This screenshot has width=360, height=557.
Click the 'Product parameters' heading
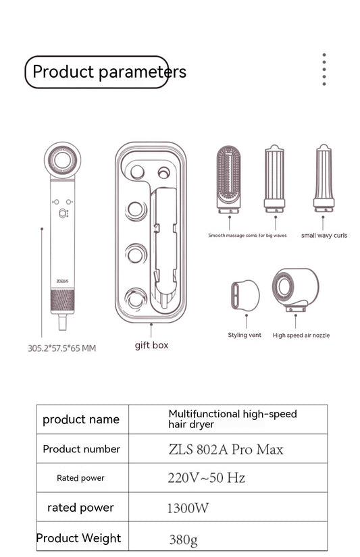pos(108,72)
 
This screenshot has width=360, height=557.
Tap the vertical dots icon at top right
pos(324,70)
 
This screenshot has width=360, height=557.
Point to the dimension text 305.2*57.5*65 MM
pos(61,348)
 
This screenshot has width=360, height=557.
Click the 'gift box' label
pos(151,345)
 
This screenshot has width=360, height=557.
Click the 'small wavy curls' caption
pos(324,236)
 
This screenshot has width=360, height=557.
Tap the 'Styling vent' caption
pos(245,335)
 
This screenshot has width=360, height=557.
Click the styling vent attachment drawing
pos(245,295)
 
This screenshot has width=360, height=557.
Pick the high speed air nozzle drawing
pos(295,289)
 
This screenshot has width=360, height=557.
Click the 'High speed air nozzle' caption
pos(301,335)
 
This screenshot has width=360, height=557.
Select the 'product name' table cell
pos(81,419)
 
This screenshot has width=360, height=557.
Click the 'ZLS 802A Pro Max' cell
pos(226,449)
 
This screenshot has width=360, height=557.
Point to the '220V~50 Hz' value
pos(206,478)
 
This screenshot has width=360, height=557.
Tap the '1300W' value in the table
pos(188,508)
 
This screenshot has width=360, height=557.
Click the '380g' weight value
pos(184,539)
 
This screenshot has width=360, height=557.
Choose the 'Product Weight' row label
pos(79,538)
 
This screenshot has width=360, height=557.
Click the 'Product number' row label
pos(81,449)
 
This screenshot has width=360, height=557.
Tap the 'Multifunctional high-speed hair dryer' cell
pos(232,419)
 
